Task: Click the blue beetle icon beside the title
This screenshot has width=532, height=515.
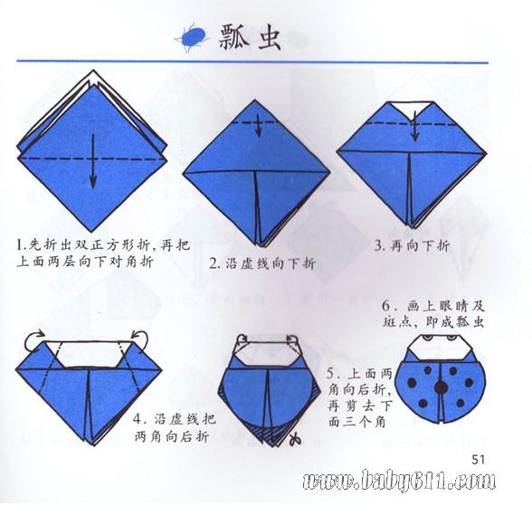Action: [x=192, y=37]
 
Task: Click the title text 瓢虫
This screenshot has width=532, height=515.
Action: [x=250, y=38]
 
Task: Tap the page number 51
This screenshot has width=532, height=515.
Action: [x=478, y=460]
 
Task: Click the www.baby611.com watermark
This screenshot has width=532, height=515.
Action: [x=399, y=480]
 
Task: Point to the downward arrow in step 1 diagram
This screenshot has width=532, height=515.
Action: [x=93, y=160]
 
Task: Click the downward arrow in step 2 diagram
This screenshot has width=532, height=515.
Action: [x=259, y=126]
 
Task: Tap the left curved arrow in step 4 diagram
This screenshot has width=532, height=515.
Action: [x=33, y=339]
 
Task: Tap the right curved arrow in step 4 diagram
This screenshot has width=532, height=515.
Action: [x=140, y=339]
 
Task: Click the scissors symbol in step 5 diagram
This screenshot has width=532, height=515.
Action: [x=295, y=438]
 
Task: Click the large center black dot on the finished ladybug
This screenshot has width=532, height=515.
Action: [x=442, y=386]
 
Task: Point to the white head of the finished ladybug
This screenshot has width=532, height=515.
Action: [x=440, y=348]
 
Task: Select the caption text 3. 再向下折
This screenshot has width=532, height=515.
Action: [x=412, y=245]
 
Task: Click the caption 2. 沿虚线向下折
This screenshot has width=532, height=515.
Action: [x=262, y=263]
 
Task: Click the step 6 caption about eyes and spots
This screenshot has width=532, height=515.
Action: [x=434, y=314]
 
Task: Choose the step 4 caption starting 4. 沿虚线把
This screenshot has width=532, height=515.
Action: [x=174, y=428]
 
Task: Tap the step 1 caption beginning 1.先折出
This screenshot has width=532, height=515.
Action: [x=103, y=253]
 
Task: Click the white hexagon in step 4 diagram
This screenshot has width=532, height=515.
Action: [x=89, y=354]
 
